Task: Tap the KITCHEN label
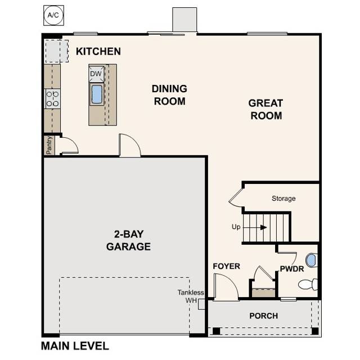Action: [98, 52]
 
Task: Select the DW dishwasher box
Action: [96, 74]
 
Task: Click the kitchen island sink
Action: [97, 94]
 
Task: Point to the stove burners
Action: [53, 98]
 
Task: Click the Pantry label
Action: [49, 145]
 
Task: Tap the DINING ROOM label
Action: [169, 95]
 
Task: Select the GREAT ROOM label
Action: [265, 109]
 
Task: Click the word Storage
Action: [283, 199]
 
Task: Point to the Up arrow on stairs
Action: [262, 227]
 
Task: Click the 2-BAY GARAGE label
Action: [128, 241]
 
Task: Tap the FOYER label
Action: [226, 266]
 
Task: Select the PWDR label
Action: [292, 269]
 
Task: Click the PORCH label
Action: [264, 316]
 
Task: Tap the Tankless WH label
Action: [191, 296]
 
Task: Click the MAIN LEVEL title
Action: [75, 346]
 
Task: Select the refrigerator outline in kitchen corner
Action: [54, 51]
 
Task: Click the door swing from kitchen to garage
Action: [130, 146]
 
